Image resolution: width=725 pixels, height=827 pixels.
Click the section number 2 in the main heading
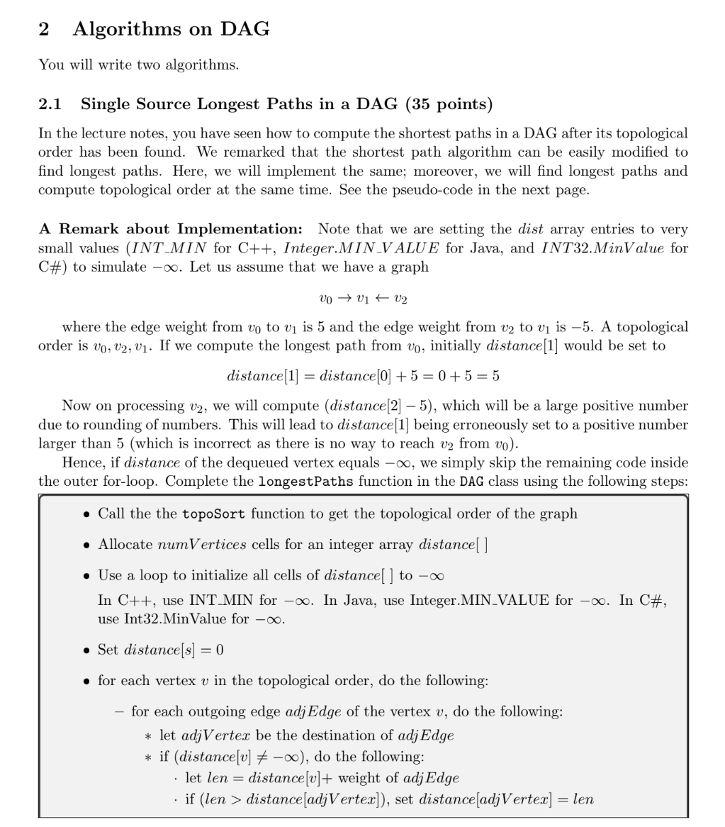click(44, 29)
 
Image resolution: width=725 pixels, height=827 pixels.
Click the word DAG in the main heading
click(245, 29)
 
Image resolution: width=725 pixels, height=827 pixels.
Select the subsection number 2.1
click(49, 104)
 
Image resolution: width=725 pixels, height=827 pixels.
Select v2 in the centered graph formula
click(400, 299)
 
